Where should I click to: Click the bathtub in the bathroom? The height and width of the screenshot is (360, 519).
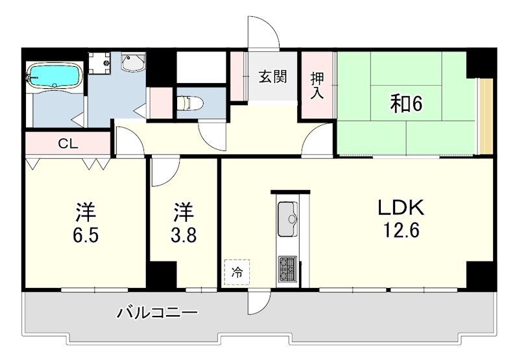pyautogui.click(x=53, y=75)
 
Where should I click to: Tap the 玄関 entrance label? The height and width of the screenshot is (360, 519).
pyautogui.click(x=273, y=77)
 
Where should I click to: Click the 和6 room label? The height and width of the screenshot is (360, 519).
pyautogui.click(x=406, y=103)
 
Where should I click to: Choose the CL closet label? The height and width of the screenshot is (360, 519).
pyautogui.click(x=68, y=144)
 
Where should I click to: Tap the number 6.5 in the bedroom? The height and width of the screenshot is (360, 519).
pyautogui.click(x=85, y=234)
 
